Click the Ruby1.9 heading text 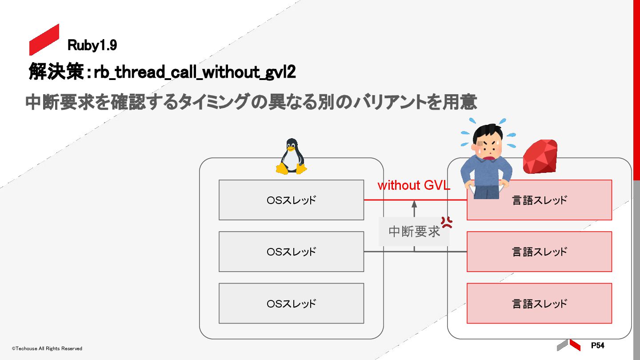92,45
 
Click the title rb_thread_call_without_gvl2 195,72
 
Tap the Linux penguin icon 292,156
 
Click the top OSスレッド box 291,200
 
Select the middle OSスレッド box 291,252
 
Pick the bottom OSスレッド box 291,304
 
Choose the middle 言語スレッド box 539,252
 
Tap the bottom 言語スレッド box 539,304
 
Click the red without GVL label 414,185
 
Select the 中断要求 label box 414,232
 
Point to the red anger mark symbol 447,222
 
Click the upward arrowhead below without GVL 414,204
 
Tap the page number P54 597,345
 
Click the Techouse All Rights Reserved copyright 47,348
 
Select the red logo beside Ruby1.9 44,40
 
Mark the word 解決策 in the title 56,72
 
